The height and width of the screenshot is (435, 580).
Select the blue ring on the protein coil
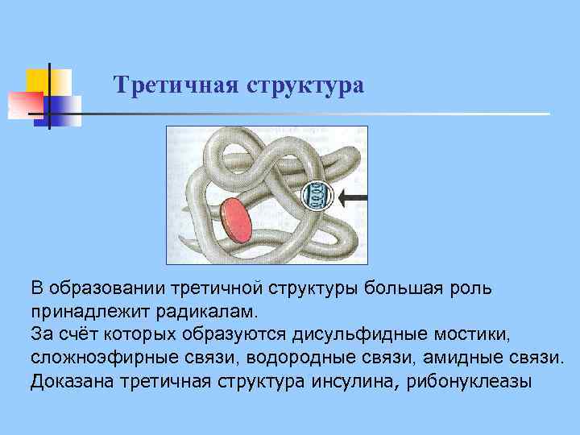pyautogui.click(x=316, y=195)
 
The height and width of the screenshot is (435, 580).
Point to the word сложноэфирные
pyautogui.click(x=95, y=356)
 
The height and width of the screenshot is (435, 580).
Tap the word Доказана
pyautogui.click(x=71, y=380)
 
